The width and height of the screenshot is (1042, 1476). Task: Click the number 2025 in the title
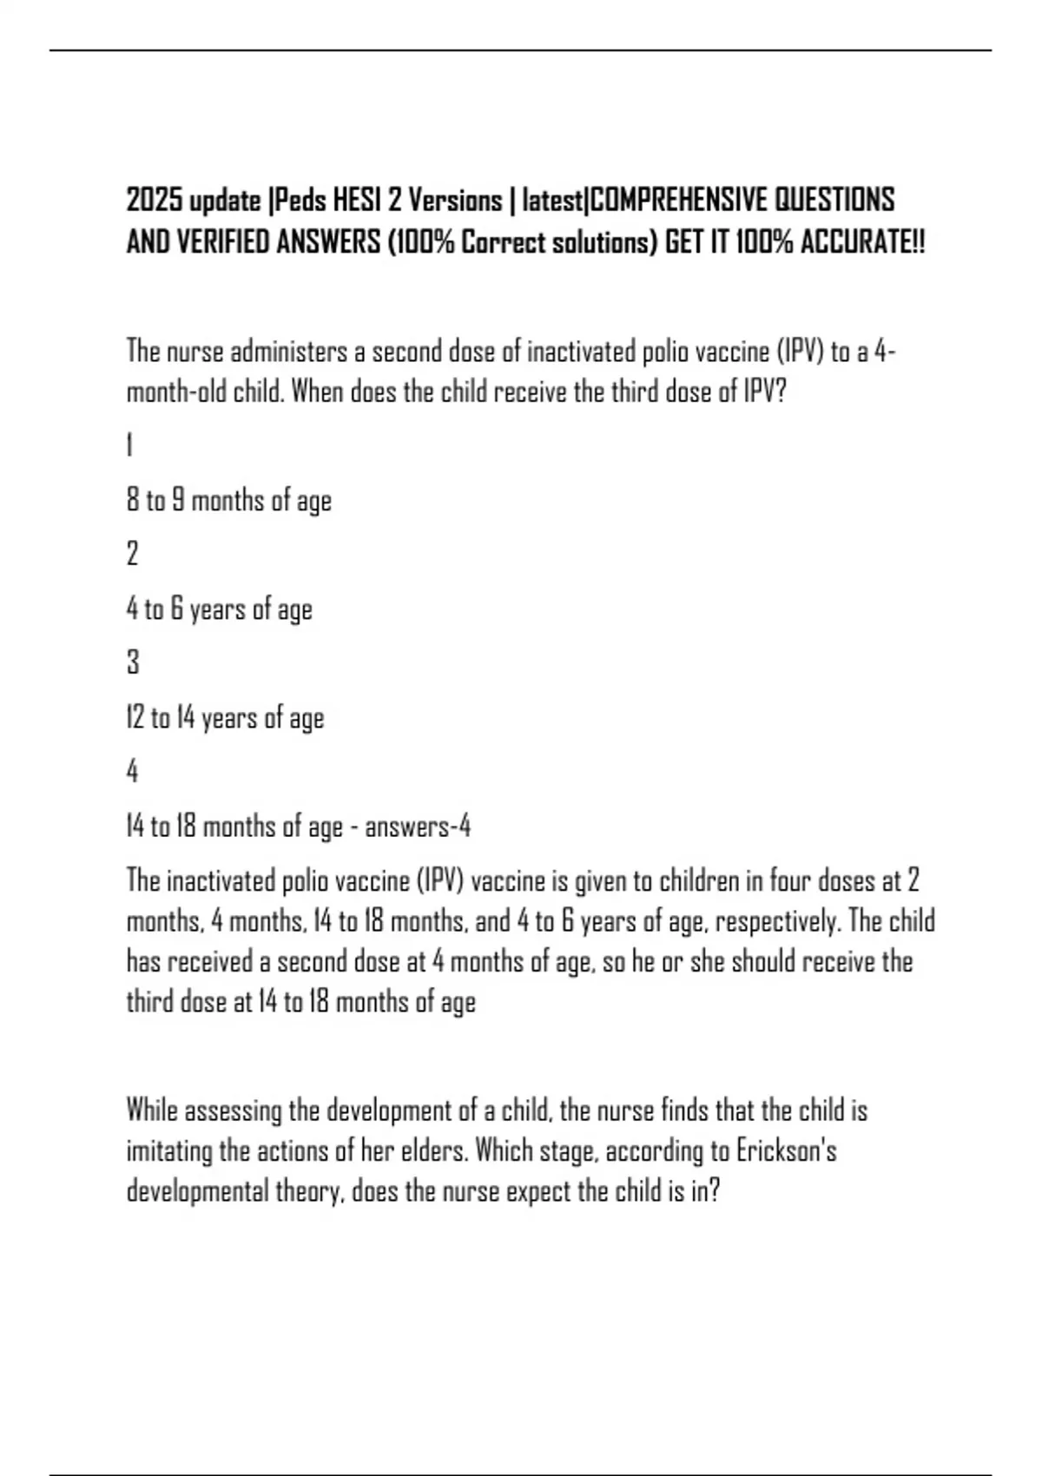tap(155, 201)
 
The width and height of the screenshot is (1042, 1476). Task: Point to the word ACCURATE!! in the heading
tap(861, 242)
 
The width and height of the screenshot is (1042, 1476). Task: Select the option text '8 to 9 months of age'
tap(229, 501)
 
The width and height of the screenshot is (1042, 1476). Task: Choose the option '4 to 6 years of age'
tap(220, 610)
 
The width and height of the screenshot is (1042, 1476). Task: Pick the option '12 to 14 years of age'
tap(226, 718)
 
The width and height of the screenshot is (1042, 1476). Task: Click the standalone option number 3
tap(133, 663)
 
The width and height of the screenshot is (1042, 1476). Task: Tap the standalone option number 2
tap(132, 554)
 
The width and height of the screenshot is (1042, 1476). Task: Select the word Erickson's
tap(787, 1151)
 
